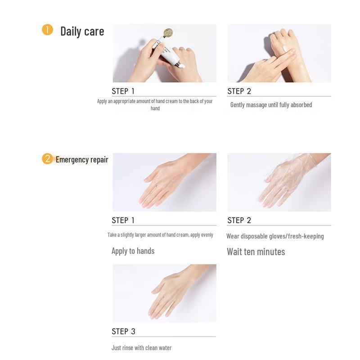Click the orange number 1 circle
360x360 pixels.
pyautogui.click(x=47, y=30)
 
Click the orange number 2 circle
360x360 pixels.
pyautogui.click(x=47, y=159)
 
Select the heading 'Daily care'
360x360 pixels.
pyautogui.click(x=82, y=31)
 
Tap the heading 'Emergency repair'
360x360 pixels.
pyautogui.click(x=82, y=159)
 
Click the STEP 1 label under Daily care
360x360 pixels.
pyautogui.click(x=123, y=91)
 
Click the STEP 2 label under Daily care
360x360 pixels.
pyautogui.click(x=239, y=91)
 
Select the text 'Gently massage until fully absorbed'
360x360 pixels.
pyautogui.click(x=271, y=105)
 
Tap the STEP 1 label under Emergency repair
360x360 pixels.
pyautogui.click(x=123, y=220)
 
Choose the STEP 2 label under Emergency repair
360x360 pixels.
pyautogui.click(x=239, y=220)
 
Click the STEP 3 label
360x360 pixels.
pyautogui.click(x=123, y=332)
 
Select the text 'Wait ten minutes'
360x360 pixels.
pyautogui.click(x=256, y=252)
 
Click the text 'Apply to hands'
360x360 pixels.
pyautogui.click(x=133, y=251)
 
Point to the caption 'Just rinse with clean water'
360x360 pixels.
pyautogui.click(x=141, y=348)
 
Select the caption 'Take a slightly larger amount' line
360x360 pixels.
pyautogui.click(x=160, y=235)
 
